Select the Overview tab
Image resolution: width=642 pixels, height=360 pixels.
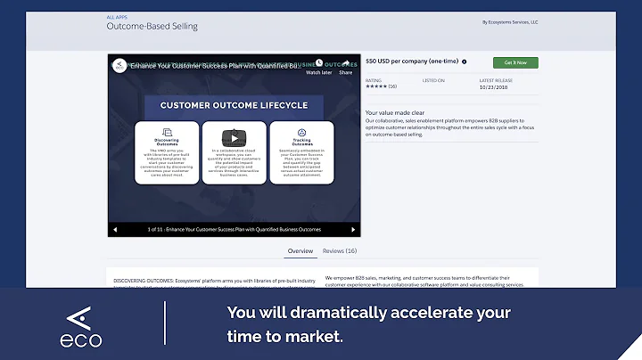coord(300,251)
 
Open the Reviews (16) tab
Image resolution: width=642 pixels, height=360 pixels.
coord(339,251)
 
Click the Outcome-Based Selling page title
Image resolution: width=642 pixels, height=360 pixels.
coord(152,27)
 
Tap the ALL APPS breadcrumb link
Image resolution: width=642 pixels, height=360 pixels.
coord(117,15)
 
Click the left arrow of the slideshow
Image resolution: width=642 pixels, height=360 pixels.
coord(115,230)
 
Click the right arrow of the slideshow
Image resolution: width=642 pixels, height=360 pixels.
coord(350,230)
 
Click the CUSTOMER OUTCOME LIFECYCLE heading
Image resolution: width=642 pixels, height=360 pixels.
coord(235,105)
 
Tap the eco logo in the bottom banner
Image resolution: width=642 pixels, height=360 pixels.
coord(81,325)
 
